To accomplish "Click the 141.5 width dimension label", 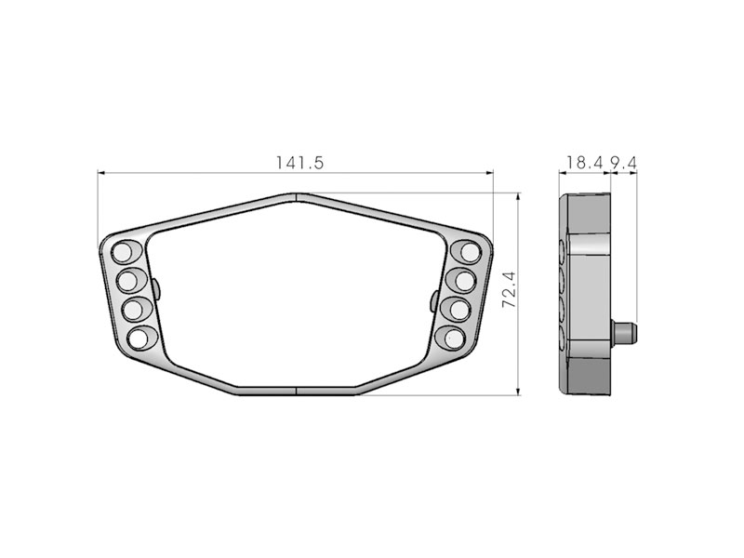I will point(299,163).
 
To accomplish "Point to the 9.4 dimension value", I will point(623,163).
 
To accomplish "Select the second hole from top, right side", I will point(463,279).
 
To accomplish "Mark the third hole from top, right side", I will point(458,309).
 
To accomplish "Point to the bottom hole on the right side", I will point(451,339).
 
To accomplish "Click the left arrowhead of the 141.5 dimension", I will point(102,173).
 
